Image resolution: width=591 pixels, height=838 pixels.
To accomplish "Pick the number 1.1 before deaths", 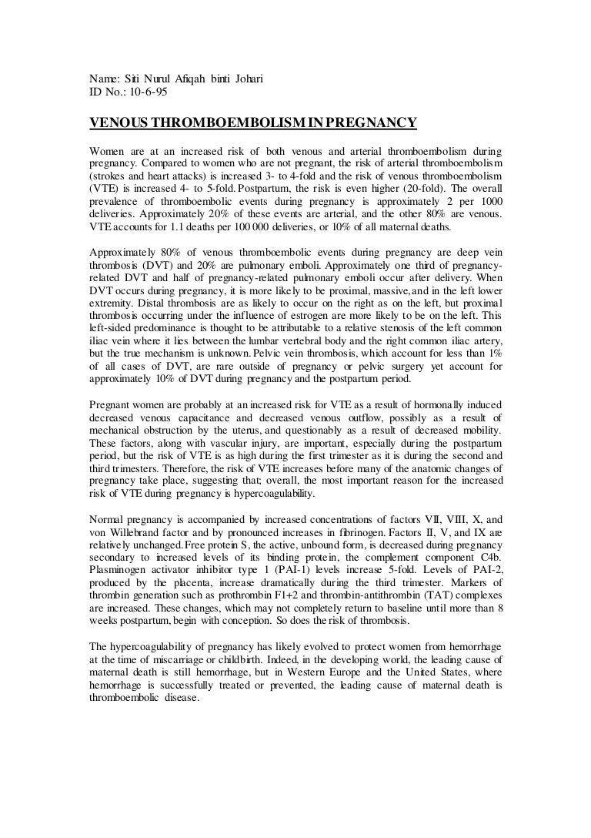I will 192,229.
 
